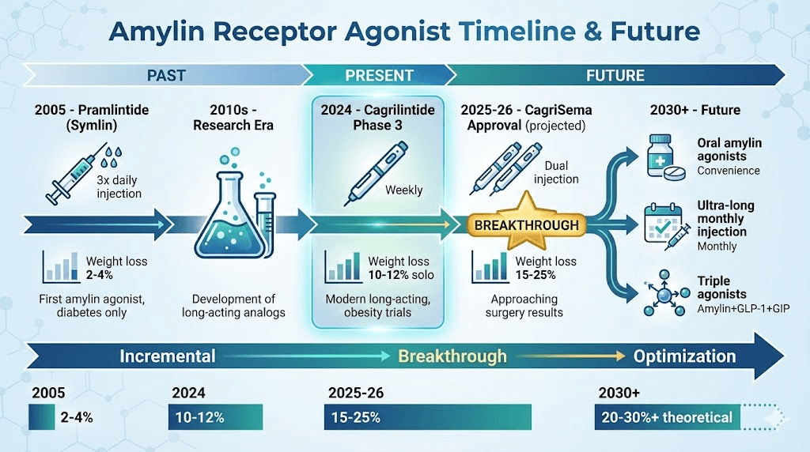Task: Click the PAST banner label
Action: pyautogui.click(x=166, y=76)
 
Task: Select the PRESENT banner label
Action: pyautogui.click(x=379, y=76)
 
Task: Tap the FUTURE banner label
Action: pyautogui.click(x=615, y=76)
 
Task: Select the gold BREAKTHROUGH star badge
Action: pyautogui.click(x=526, y=225)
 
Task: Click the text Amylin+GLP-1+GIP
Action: pyautogui.click(x=744, y=308)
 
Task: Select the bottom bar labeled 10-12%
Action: pyautogui.click(x=214, y=417)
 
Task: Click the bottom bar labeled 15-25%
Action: pyautogui.click(x=427, y=417)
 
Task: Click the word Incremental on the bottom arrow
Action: pyautogui.click(x=167, y=356)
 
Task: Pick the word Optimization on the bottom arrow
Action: pyautogui.click(x=684, y=356)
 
